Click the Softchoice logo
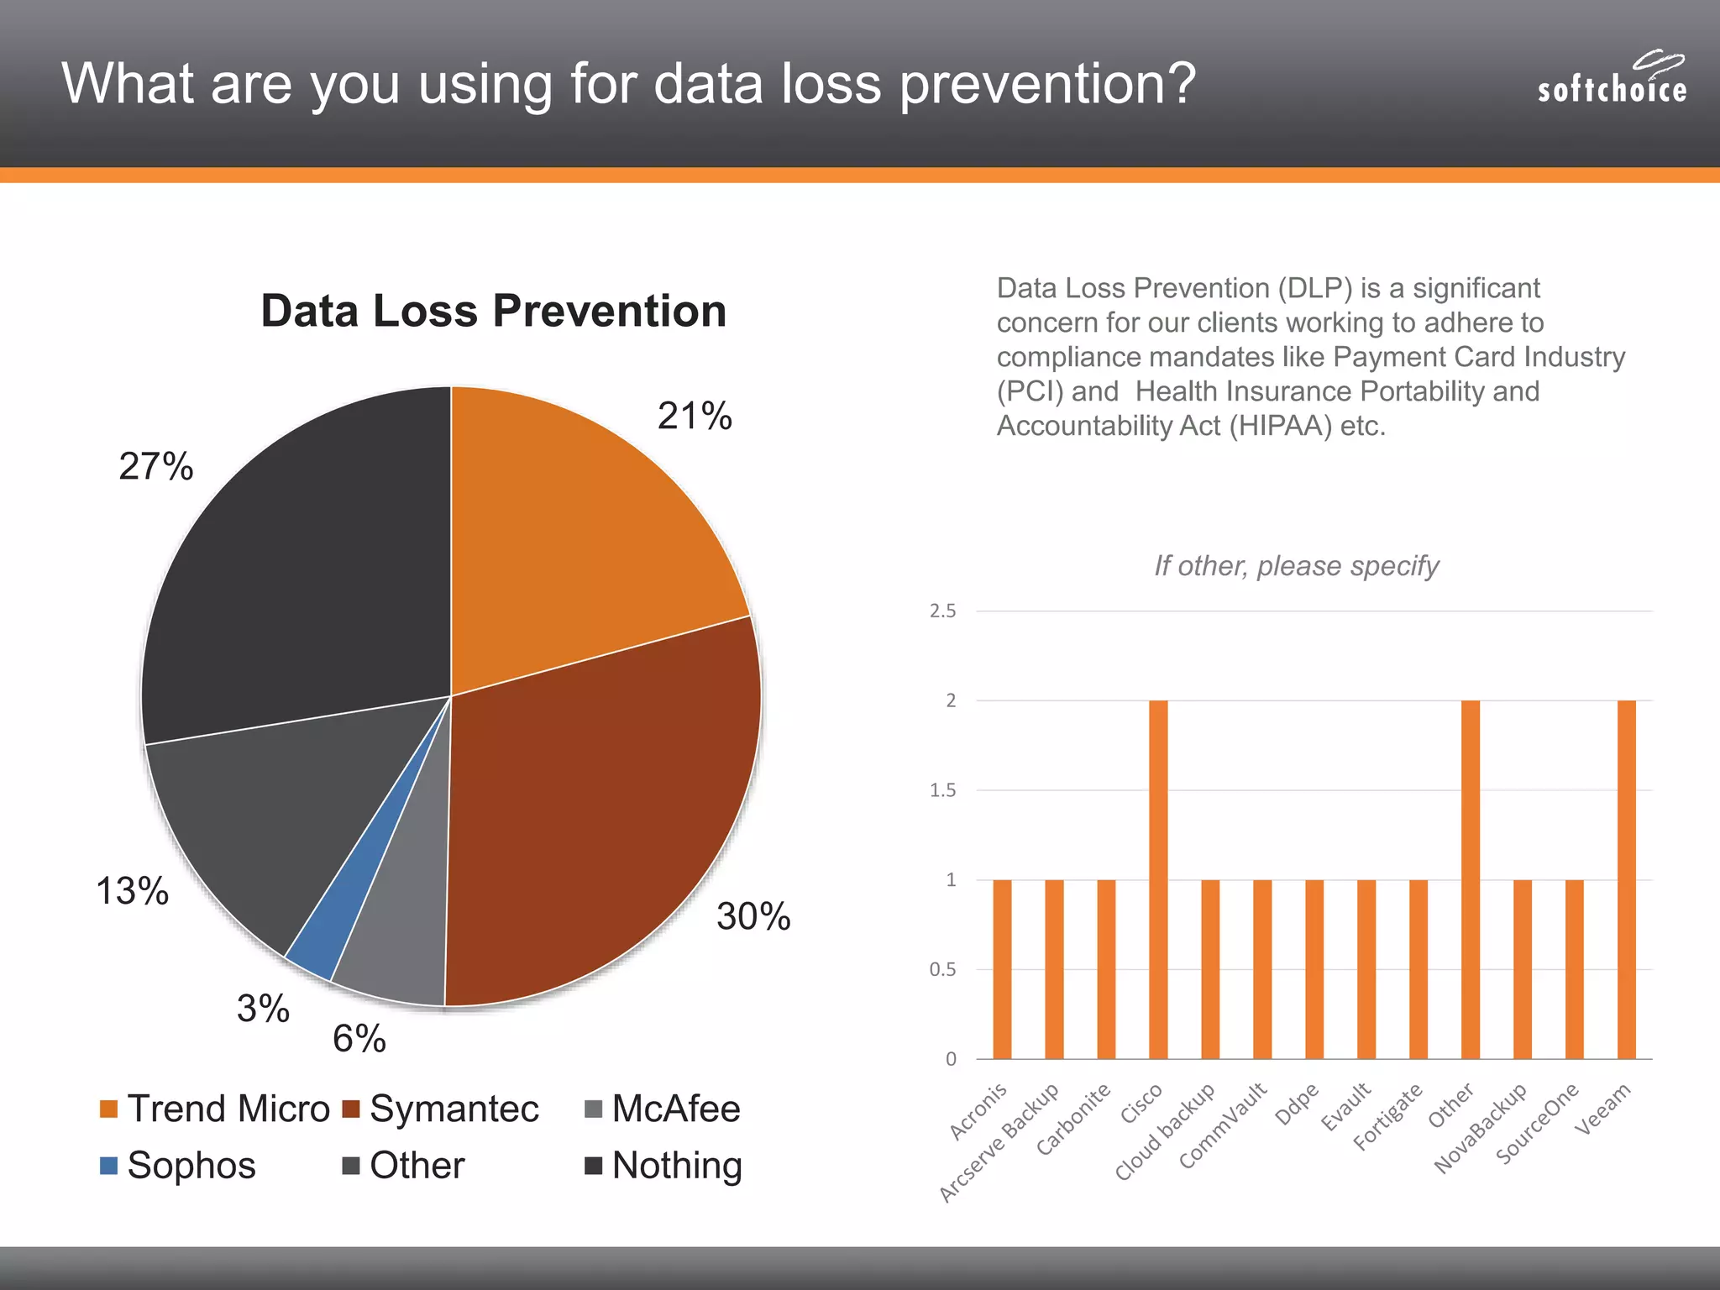click(1611, 79)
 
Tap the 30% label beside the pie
click(753, 916)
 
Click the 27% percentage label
click(156, 466)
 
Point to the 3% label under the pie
click(263, 1009)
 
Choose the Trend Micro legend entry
click(215, 1109)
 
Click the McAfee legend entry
click(663, 1109)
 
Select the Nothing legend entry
click(663, 1166)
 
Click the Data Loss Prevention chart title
click(494, 311)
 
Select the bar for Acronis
click(1002, 969)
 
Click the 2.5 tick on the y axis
click(942, 611)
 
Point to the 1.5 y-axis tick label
click(942, 790)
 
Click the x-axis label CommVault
click(1224, 1125)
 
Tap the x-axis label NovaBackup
click(1481, 1128)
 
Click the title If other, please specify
click(1297, 566)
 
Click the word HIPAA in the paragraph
click(1281, 427)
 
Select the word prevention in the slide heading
click(1046, 84)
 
